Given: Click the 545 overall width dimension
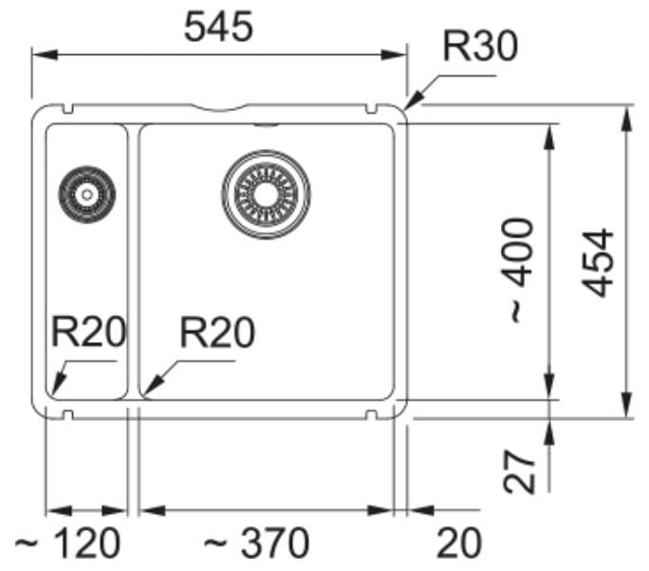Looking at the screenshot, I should (218, 27).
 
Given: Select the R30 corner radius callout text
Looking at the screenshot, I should (481, 46).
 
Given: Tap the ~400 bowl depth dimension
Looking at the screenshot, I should (519, 269).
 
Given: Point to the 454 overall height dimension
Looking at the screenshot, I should (599, 263).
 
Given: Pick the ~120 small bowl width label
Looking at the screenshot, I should (69, 544).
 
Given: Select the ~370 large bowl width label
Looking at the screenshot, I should (257, 544).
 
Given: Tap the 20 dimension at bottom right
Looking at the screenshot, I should (459, 544).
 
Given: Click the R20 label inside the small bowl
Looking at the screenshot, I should (87, 333).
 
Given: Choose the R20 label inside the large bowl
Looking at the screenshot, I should (217, 333).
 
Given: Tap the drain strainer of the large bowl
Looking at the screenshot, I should (266, 194).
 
